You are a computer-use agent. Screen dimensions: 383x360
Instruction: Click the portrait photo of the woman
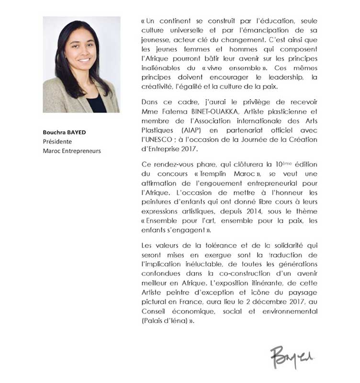pyautogui.click(x=81, y=64)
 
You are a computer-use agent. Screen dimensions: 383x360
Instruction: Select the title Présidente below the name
pyautogui.click(x=57, y=142)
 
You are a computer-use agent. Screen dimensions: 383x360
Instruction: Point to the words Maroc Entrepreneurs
pyautogui.click(x=72, y=151)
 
